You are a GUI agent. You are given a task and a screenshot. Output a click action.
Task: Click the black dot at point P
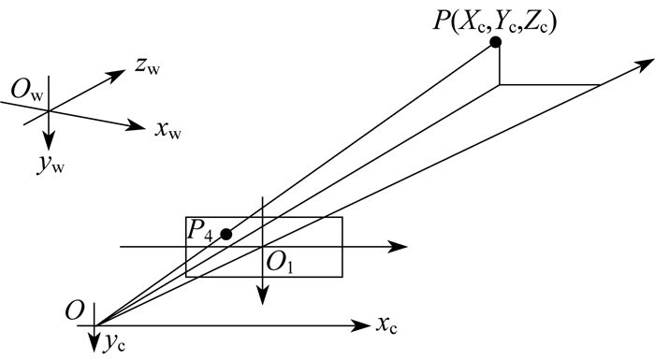click(495, 42)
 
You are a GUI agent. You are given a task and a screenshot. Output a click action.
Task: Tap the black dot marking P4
click(226, 235)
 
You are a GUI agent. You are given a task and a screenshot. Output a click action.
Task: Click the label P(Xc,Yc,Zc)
click(495, 21)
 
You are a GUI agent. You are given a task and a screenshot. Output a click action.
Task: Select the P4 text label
click(199, 230)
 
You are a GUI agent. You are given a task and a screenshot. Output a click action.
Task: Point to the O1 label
click(279, 264)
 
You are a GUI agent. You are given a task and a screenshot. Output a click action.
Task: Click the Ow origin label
click(27, 90)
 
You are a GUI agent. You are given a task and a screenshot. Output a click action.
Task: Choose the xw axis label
click(167, 130)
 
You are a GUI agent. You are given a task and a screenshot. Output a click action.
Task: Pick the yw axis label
click(51, 165)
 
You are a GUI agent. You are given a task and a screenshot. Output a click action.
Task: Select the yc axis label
click(114, 343)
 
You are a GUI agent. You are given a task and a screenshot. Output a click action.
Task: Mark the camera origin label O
click(74, 311)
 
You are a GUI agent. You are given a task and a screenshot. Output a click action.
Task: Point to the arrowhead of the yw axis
click(50, 141)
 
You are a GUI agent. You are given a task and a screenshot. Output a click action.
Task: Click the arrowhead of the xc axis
click(360, 325)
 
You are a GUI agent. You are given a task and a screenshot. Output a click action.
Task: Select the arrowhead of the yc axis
click(95, 343)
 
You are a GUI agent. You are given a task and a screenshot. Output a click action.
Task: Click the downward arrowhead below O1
click(262, 295)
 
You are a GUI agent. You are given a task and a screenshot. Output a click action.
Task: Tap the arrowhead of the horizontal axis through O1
click(398, 247)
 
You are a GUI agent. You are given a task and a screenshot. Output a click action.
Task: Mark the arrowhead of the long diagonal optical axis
click(644, 65)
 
